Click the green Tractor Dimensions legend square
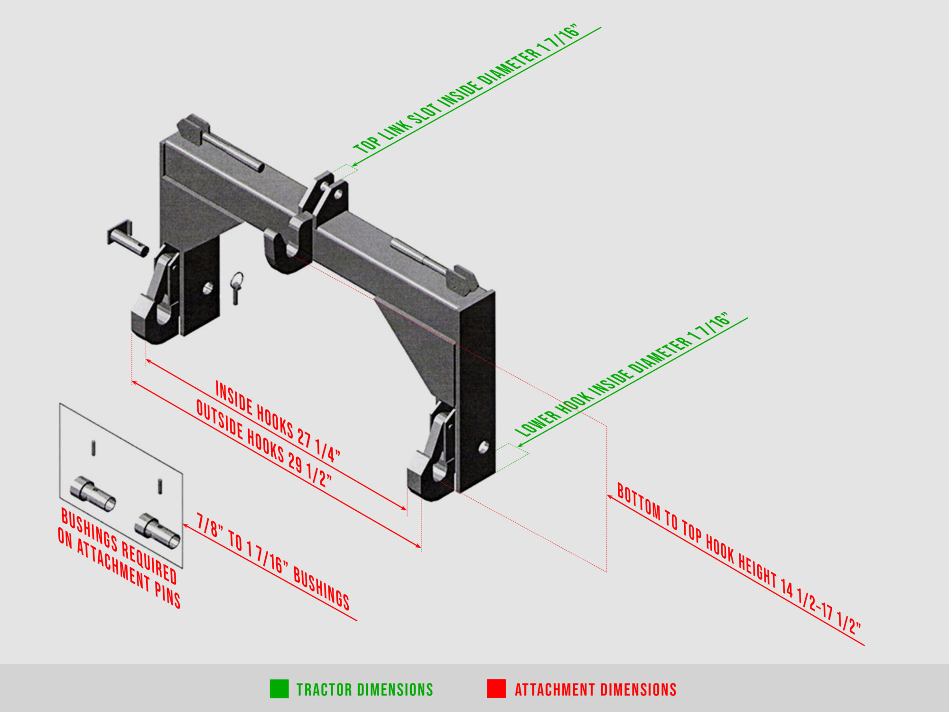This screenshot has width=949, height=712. point(279,689)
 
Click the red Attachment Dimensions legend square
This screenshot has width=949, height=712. point(496,689)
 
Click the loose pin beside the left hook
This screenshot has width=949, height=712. point(127,238)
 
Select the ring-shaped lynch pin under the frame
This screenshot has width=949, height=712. point(237,286)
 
